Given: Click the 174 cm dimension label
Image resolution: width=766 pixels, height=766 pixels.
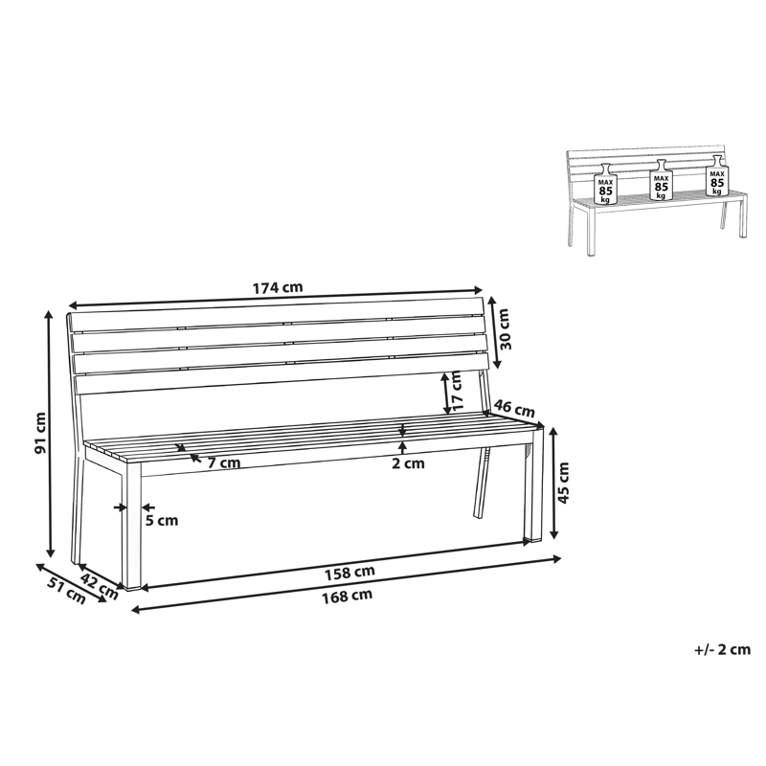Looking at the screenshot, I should [x=278, y=286].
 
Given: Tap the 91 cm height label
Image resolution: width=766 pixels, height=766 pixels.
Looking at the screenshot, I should [x=40, y=434].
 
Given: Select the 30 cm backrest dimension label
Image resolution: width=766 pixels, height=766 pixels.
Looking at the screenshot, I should [x=506, y=329].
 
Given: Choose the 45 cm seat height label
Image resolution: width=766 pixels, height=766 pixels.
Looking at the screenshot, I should [x=563, y=483].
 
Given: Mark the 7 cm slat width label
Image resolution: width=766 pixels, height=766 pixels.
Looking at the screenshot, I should [x=223, y=463].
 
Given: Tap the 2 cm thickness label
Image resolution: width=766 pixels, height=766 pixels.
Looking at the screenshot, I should [x=408, y=464].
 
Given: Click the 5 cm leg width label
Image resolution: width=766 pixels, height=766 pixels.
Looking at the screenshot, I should [x=162, y=521].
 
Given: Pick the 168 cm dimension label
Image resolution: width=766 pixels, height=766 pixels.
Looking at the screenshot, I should [x=348, y=595].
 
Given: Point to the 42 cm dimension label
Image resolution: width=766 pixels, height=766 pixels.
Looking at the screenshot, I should [x=98, y=583].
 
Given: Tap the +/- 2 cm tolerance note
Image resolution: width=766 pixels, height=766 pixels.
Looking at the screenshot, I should [x=723, y=649].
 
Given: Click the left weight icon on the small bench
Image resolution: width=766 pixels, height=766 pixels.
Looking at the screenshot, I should [x=605, y=187].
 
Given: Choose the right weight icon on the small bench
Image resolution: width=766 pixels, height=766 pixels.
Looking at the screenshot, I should [x=717, y=178].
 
